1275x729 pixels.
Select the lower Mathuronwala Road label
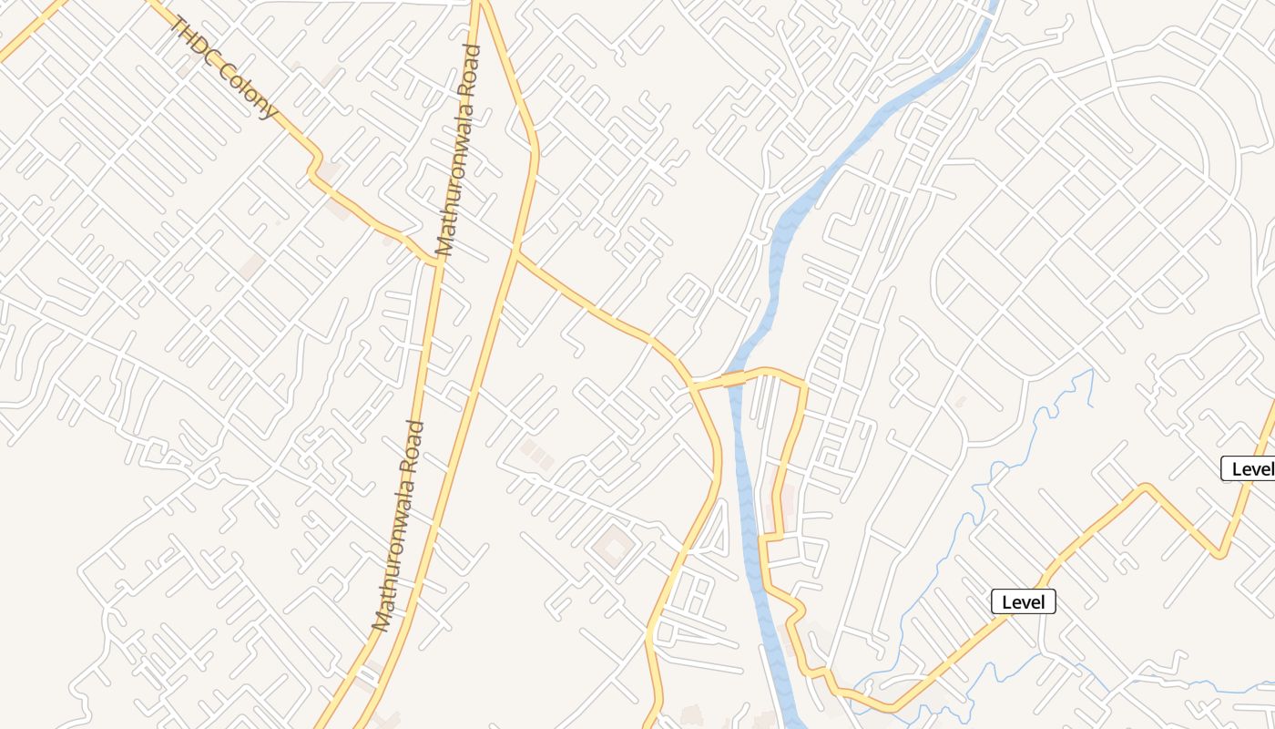click(x=400, y=526)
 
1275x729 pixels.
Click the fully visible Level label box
click(x=1023, y=601)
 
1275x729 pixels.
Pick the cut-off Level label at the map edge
click(x=1250, y=469)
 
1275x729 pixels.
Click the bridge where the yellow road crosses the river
click(x=734, y=378)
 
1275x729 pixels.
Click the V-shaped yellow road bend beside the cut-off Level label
click(x=1219, y=553)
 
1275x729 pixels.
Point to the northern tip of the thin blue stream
click(x=1091, y=371)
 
